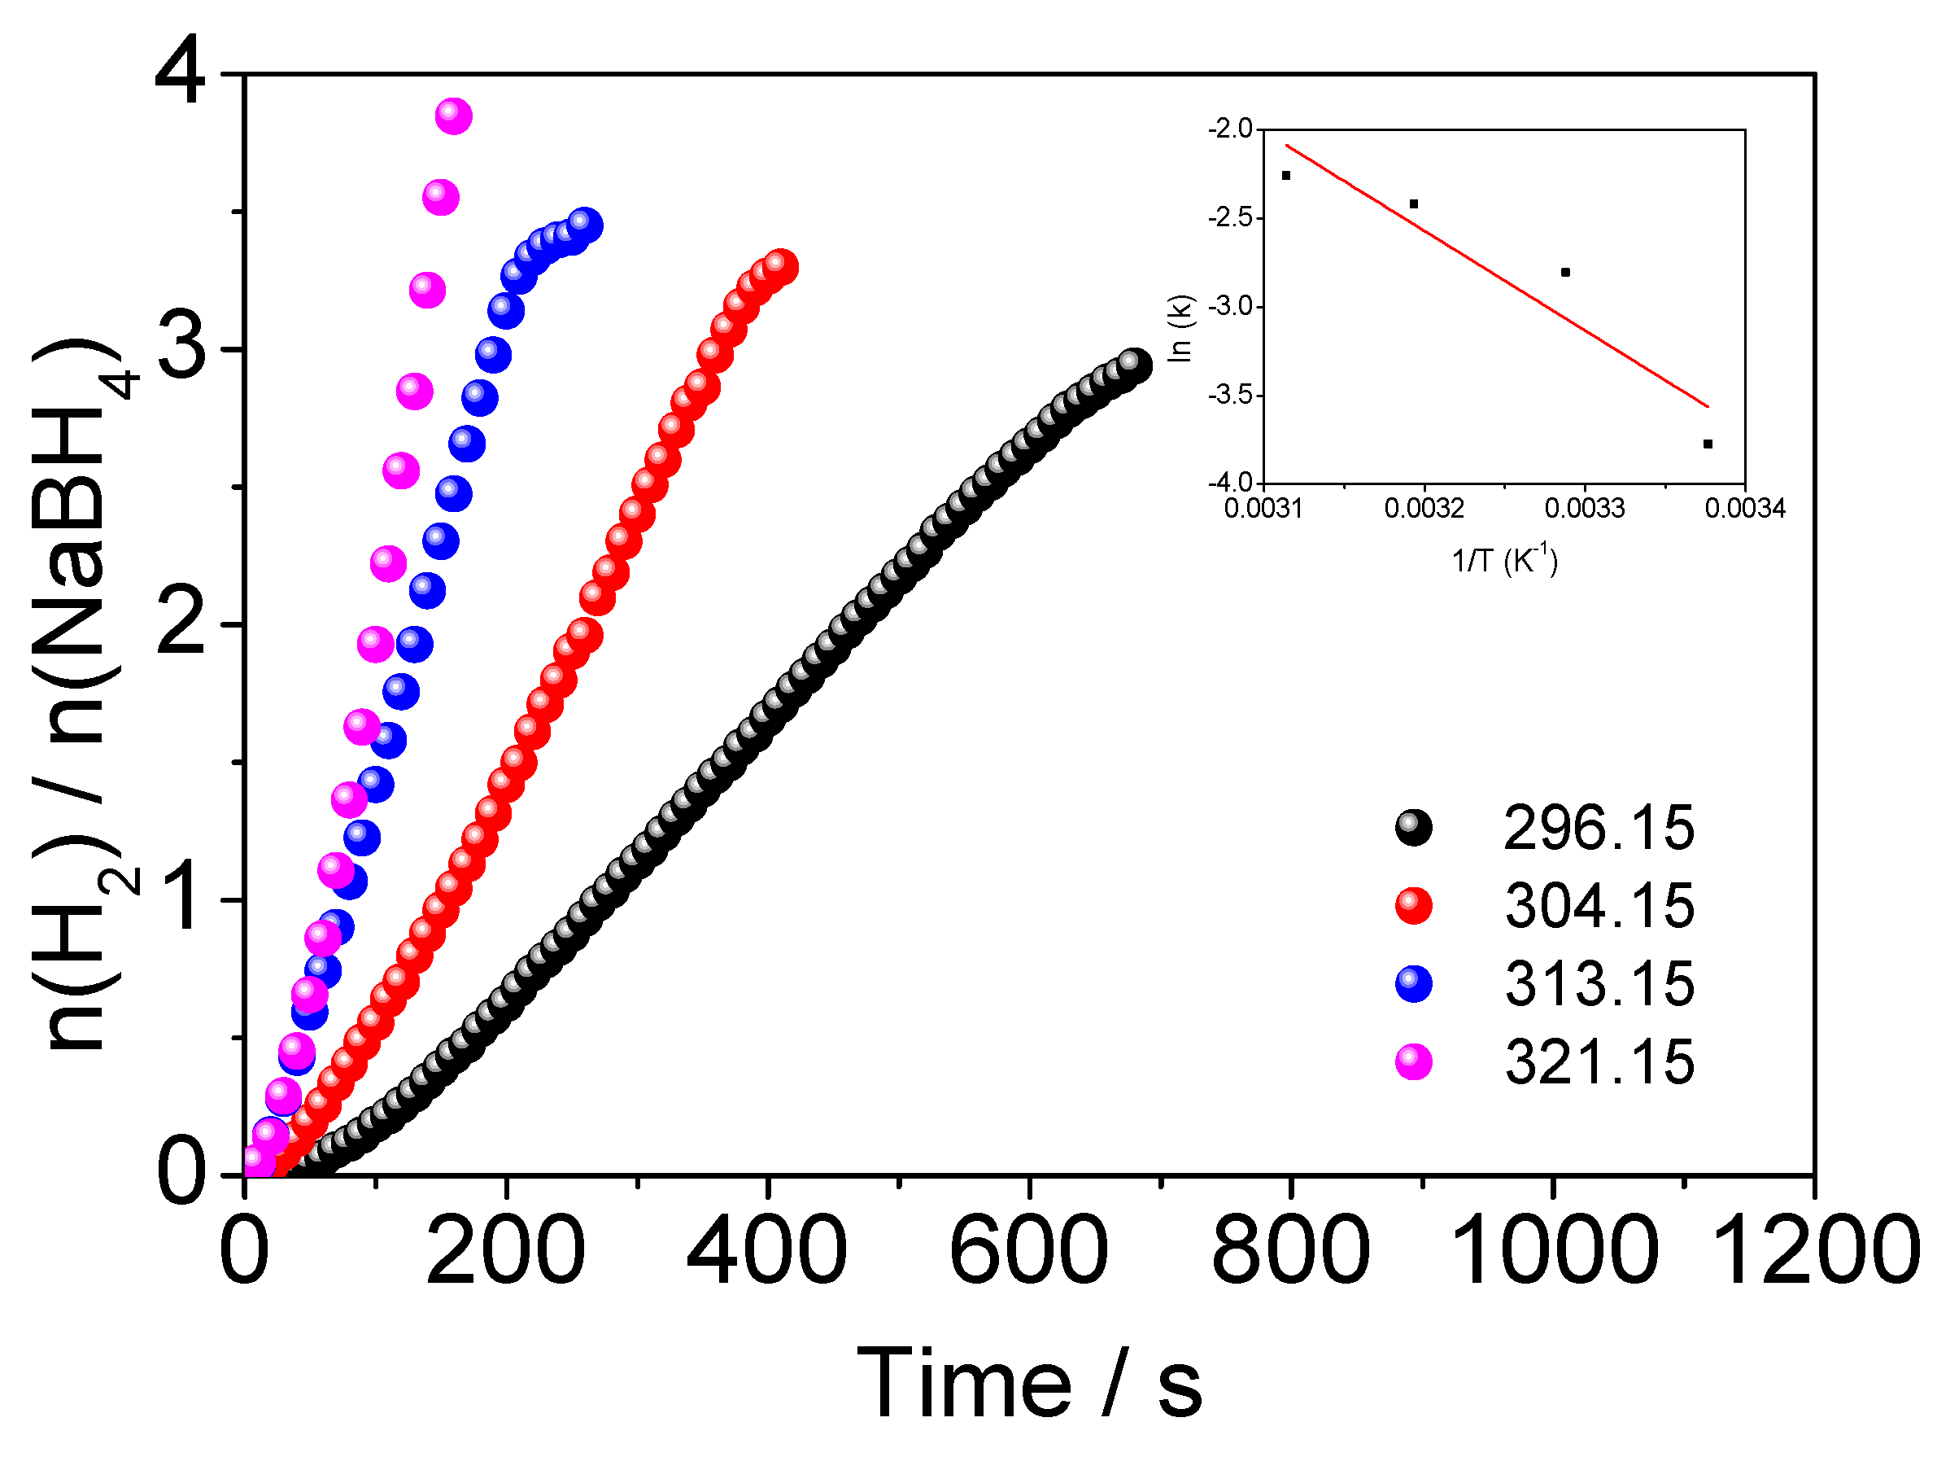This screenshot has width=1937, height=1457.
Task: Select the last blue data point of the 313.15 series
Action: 584,225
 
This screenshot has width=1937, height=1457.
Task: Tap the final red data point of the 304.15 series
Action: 779,265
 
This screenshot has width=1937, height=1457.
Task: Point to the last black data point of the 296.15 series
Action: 1134,365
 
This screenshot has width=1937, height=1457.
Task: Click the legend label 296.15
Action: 1598,828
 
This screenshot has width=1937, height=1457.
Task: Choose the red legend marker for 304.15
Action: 1412,906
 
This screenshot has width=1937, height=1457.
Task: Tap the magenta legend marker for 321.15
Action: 1412,1063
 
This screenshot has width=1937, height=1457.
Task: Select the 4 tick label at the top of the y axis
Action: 181,73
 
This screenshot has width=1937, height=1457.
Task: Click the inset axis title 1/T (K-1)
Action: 1504,559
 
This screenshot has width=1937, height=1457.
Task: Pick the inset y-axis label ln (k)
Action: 1181,328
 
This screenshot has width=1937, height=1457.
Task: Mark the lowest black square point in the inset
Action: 1708,444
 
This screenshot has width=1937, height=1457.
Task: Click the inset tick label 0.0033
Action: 1584,509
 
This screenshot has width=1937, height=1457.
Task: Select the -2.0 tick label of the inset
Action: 1230,129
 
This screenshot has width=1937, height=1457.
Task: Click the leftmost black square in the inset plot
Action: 1286,175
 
